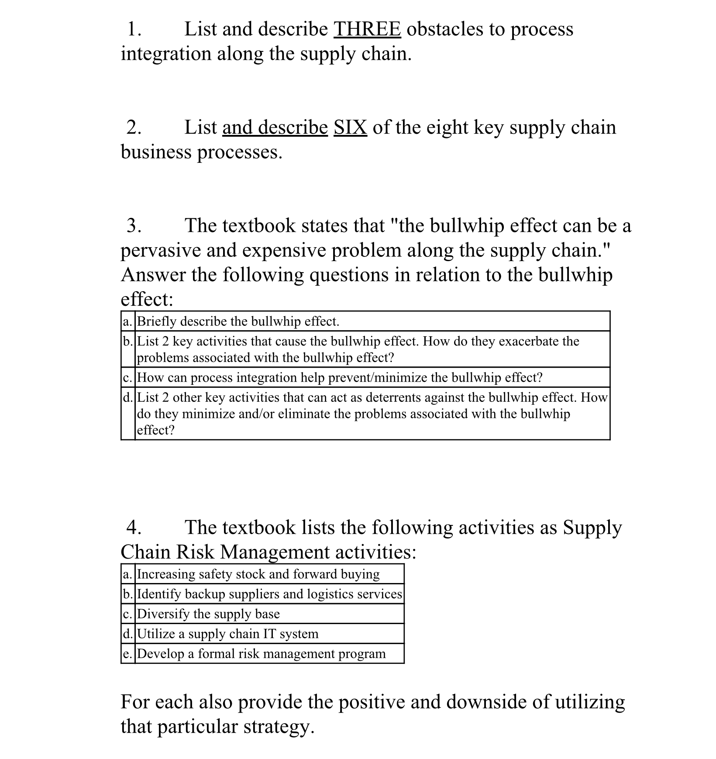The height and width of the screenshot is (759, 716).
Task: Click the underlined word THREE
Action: coord(367,29)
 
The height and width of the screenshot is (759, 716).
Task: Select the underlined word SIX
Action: coord(350,128)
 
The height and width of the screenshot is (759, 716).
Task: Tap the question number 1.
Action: coord(134,29)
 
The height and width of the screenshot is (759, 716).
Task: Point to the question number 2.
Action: coord(134,128)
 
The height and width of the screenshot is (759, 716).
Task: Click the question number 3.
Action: coord(134,226)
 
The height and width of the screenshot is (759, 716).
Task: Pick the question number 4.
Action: coord(134,528)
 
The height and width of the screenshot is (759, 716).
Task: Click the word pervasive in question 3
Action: coord(160,251)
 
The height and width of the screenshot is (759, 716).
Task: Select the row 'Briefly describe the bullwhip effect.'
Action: coord(238,321)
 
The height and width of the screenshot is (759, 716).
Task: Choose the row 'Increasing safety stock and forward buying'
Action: coord(258,574)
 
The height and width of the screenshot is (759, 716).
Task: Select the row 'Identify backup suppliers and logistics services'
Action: coord(269,594)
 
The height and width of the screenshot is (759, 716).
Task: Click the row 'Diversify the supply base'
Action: coord(208,614)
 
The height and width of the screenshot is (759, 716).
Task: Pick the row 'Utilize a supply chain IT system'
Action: coord(227,634)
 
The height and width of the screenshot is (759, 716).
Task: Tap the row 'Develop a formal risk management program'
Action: coord(261,654)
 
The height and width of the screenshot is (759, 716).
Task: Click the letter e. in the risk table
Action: coord(127,654)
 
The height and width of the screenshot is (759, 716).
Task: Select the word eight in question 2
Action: coord(447,128)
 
